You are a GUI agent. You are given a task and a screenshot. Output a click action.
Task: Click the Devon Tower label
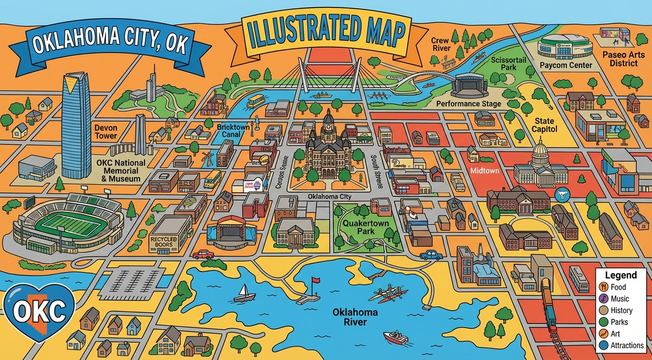(106, 132)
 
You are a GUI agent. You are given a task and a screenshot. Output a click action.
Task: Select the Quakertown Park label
(366, 227)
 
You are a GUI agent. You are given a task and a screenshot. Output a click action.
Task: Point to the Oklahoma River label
(348, 317)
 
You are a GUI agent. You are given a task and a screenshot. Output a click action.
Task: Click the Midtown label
(484, 171)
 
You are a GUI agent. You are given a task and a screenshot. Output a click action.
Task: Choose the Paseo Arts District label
(623, 59)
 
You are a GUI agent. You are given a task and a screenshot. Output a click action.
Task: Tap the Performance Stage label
(468, 104)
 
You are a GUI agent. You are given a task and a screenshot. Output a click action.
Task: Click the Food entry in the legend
(618, 287)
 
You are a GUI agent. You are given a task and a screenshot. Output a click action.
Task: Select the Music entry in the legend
(620, 299)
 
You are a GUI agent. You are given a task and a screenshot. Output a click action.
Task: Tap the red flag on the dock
(315, 280)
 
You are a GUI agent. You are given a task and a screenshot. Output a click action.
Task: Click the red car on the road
(203, 255)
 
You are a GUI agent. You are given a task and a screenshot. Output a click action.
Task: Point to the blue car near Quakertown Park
(431, 255)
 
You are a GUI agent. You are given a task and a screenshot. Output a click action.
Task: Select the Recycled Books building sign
(163, 241)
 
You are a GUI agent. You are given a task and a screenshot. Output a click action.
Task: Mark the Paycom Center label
(566, 65)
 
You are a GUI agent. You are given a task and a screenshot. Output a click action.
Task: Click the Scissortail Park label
(509, 64)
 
